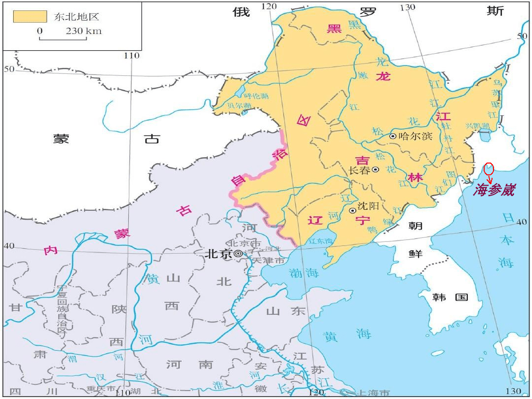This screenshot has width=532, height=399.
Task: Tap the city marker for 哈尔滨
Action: coord(393,136)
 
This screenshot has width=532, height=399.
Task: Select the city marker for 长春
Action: coord(375,169)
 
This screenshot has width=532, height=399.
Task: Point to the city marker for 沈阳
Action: coord(352,210)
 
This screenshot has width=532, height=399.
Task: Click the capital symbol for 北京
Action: coord(238,254)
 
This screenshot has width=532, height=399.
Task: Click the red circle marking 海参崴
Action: coord(489,168)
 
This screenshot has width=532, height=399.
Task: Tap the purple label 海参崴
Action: coord(494,190)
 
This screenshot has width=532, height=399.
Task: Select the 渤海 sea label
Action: coord(304,272)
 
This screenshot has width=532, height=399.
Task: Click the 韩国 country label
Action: coord(450,297)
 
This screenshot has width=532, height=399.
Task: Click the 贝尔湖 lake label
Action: coord(239,106)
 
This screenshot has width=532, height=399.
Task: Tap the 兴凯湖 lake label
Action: coord(477,126)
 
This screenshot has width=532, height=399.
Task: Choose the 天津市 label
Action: coord(268,261)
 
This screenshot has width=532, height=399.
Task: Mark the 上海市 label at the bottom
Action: coord(373,393)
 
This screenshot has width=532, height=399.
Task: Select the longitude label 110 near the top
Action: coord(132,56)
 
